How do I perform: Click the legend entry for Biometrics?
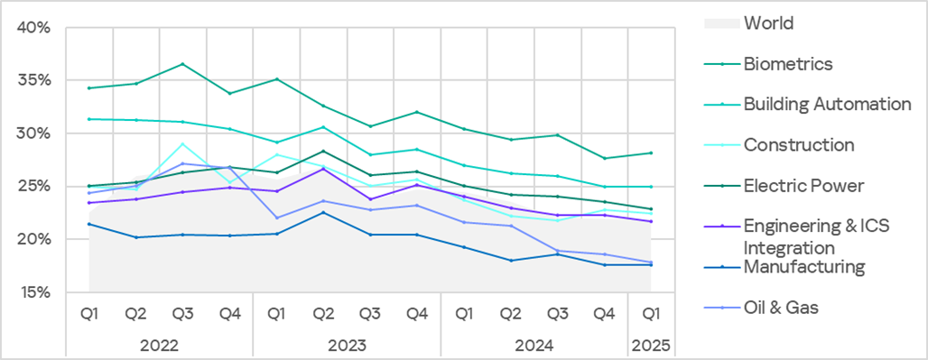pos(787,63)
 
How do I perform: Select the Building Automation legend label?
pos(827,104)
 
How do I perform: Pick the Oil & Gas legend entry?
pos(780,308)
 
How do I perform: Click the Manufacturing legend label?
pos(803,267)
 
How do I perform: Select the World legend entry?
pos(768,23)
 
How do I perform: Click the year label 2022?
pos(159,345)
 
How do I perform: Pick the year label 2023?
pos(347,345)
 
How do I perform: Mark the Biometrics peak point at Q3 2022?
pos(182,64)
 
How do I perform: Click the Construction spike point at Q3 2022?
pos(182,143)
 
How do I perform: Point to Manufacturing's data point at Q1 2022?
pos(88,224)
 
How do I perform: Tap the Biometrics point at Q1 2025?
pos(652,152)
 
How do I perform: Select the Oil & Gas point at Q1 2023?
pos(276,217)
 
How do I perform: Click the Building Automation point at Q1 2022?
pos(88,119)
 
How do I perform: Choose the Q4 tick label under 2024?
pos(605,314)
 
